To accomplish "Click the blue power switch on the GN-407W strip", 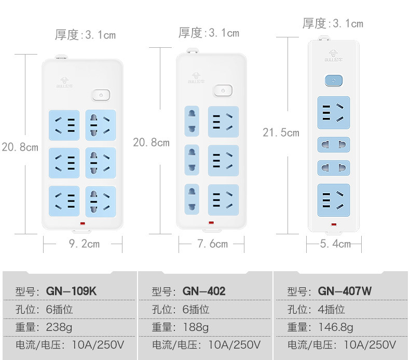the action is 334,81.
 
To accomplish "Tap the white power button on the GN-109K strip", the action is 101,95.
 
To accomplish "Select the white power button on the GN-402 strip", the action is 223,90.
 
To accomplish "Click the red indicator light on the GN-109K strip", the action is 83,223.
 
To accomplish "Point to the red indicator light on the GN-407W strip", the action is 334,224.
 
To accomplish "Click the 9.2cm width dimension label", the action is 84,244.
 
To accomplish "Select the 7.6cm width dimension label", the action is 212,244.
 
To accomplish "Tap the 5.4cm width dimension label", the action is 335,244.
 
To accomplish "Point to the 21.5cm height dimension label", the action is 281,132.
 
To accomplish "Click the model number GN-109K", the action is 71,291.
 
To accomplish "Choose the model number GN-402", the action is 204,291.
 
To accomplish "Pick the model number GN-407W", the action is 345,291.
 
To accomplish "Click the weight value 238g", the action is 59,327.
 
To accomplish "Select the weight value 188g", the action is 196,327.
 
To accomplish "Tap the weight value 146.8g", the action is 336,327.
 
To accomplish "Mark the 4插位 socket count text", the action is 331,309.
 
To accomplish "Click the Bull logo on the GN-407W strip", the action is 333,56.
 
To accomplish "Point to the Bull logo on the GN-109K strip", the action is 64,82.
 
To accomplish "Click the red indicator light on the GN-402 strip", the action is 211,222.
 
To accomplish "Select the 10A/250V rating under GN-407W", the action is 370,345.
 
